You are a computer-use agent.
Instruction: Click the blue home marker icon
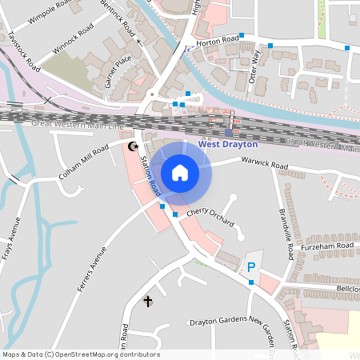tap(180, 173)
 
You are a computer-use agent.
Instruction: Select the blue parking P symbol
tap(250, 267)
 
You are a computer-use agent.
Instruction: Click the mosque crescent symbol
tap(134, 146)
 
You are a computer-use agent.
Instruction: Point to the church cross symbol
tap(147, 301)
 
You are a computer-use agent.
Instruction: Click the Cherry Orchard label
tap(210, 217)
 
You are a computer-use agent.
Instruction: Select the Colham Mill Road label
tap(84, 162)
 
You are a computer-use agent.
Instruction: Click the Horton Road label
tap(219, 38)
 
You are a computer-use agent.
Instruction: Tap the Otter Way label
tap(255, 66)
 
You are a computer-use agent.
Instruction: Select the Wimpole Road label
tap(50, 11)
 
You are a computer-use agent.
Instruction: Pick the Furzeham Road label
tap(333, 246)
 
